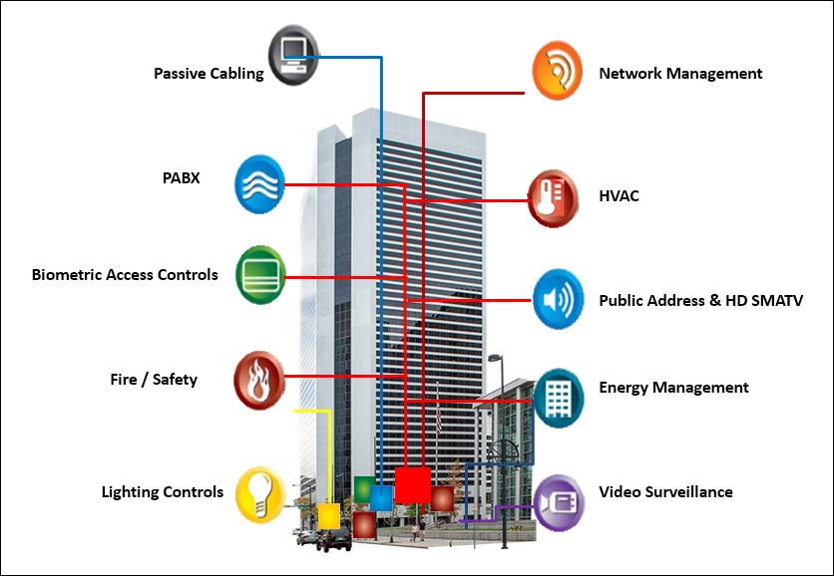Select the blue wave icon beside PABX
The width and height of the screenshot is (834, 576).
(259, 184)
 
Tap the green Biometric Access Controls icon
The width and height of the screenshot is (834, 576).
(260, 275)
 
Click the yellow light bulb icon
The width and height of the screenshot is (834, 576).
(260, 494)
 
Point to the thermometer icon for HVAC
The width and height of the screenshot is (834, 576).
(555, 197)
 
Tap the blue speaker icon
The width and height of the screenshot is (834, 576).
(558, 299)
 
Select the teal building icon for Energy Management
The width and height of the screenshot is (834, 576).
(558, 398)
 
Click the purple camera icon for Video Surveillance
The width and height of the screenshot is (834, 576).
(558, 502)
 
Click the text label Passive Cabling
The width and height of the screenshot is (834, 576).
(208, 73)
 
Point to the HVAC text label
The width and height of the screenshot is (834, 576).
(619, 196)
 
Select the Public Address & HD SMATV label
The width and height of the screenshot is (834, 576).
(700, 300)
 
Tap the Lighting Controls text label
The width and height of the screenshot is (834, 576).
(163, 492)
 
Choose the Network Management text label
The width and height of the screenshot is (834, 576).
(680, 74)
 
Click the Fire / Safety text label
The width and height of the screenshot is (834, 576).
(154, 380)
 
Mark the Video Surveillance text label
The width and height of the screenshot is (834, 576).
(665, 492)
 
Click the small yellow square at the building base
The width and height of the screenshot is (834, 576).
(328, 515)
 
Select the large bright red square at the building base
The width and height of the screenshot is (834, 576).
(412, 484)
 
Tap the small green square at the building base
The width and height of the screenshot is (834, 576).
(363, 487)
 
